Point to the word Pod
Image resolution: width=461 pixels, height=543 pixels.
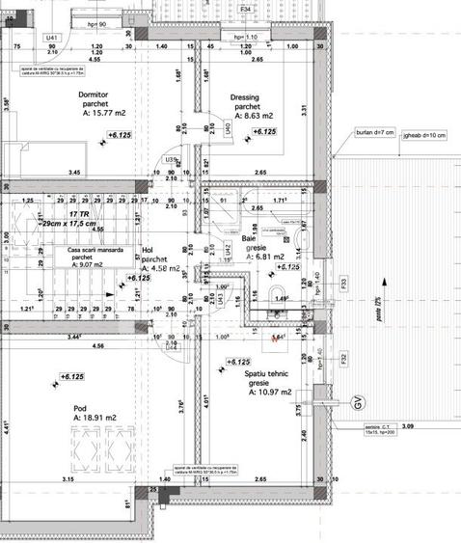click(x=80, y=408)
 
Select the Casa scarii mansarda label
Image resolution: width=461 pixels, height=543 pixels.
click(x=95, y=249)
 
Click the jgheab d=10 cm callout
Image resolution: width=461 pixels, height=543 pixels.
click(x=425, y=135)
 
